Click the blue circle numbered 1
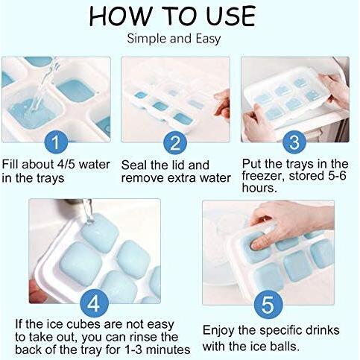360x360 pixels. tap(56, 142)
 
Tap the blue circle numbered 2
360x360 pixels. tap(175, 142)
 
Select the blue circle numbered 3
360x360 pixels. tap(294, 142)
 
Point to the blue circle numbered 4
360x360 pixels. tap(95, 303)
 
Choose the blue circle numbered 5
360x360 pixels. tap(268, 304)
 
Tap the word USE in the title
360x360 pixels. tap(230, 16)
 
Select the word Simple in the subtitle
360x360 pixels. tap(147, 39)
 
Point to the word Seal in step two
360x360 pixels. tap(133, 165)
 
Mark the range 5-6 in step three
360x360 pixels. tap(336, 176)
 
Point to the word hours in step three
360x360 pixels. tap(259, 188)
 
